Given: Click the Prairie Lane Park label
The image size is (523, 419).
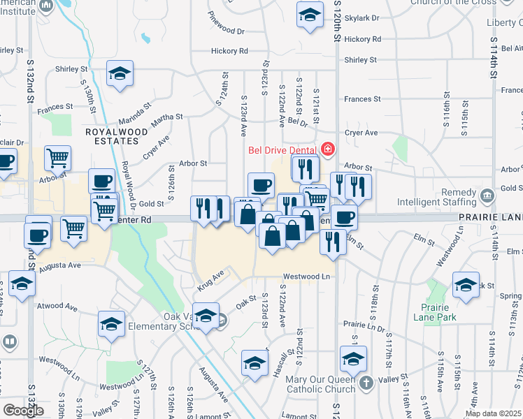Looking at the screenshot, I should pos(438,312).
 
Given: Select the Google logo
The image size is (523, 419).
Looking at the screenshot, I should pos(23,411).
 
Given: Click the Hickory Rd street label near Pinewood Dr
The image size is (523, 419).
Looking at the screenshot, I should pos(229,51).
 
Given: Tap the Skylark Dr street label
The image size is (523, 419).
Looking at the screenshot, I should pos(362,17).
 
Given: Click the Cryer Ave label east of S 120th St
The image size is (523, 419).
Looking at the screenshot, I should pos(361,133).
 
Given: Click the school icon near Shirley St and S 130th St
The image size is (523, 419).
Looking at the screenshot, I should pos(120,73).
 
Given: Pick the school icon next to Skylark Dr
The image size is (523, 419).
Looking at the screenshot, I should pos(309,15).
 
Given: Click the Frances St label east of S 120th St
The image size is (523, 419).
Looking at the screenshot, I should pos(361,99).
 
